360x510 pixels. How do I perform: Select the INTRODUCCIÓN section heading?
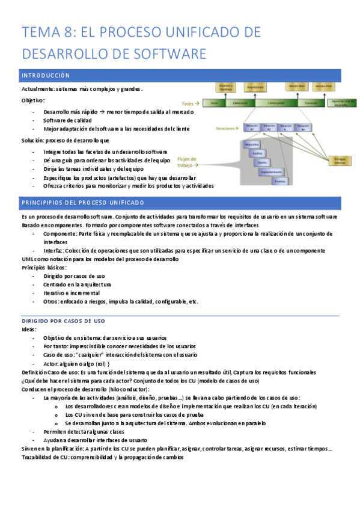coord(46,76)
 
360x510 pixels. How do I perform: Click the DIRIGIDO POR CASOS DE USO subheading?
coord(63,321)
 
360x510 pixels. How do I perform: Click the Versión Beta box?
coord(296,87)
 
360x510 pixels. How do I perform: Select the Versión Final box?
coord(323,87)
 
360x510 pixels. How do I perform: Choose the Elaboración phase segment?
coord(240,103)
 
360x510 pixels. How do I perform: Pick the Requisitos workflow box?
coord(251,144)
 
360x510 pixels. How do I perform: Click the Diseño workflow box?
coord(262,162)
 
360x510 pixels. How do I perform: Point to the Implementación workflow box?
coord(271,171)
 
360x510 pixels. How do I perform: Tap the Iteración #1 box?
coord(251,127)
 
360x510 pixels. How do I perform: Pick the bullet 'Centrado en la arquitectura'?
coord(77,284)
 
